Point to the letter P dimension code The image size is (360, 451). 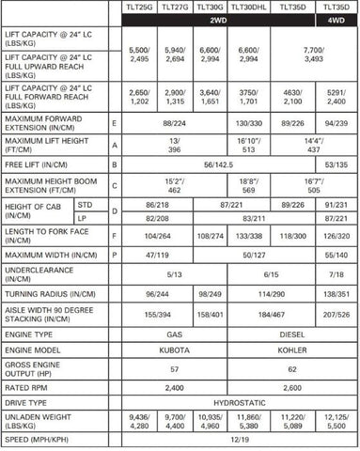pyautogui.click(x=114, y=254)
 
